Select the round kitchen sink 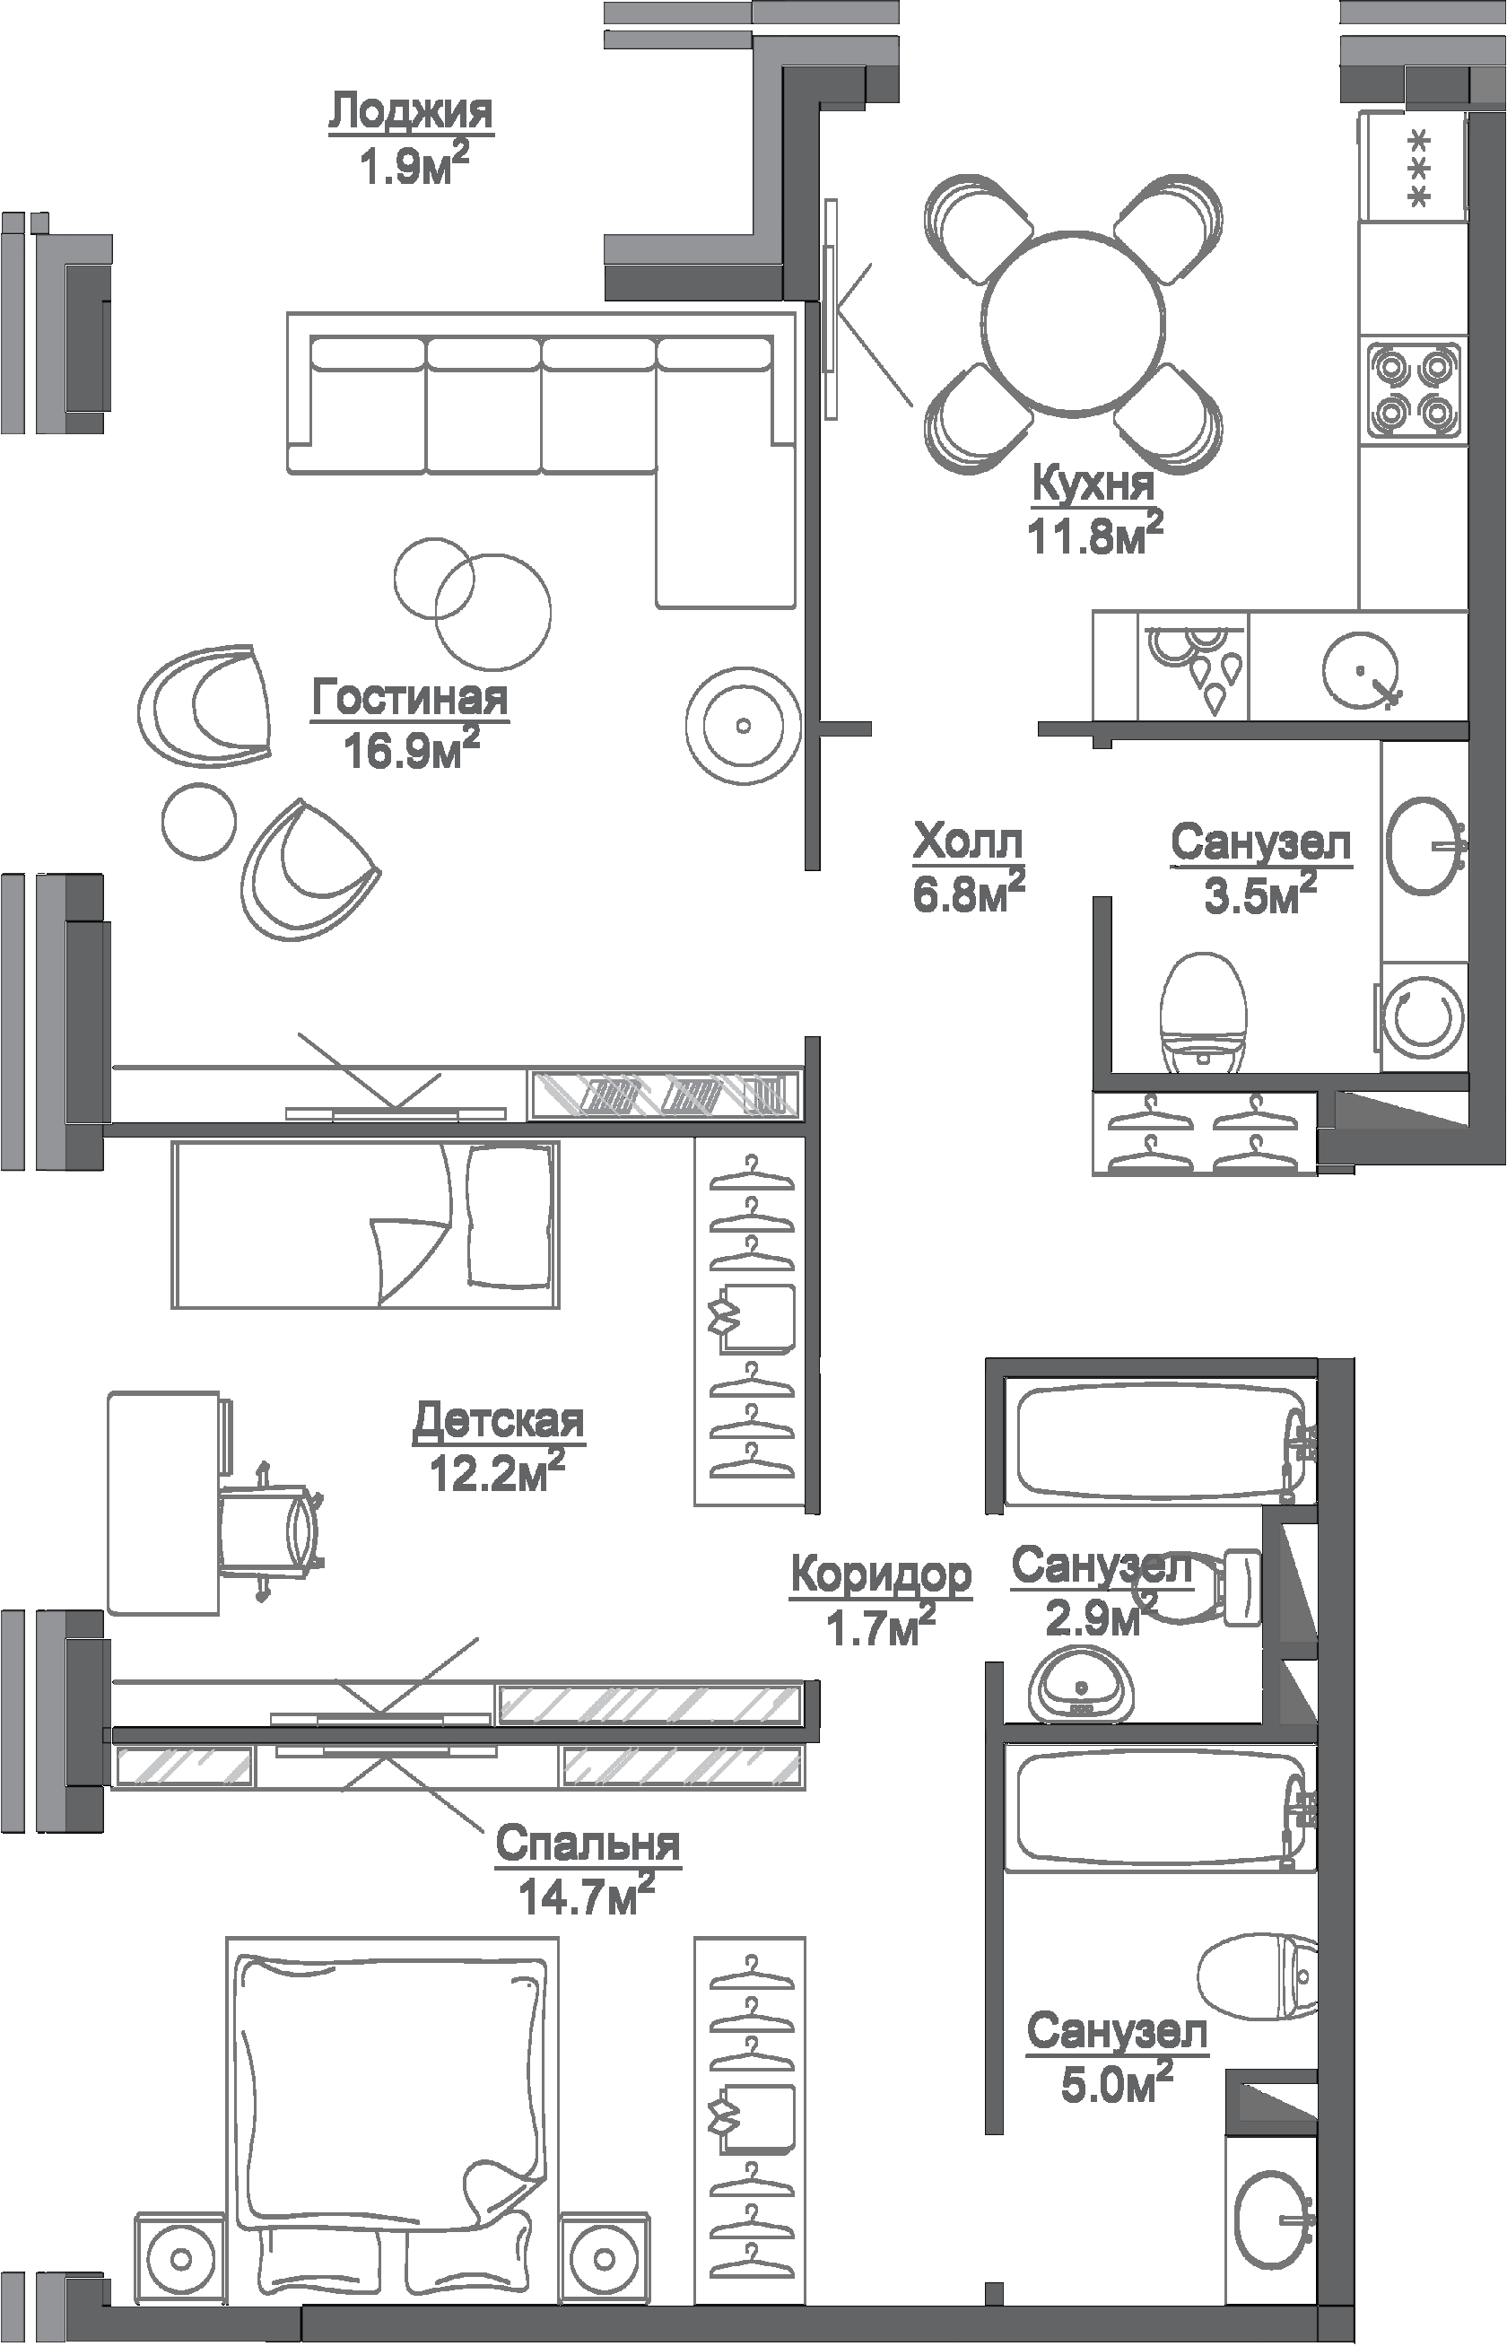click(x=1361, y=669)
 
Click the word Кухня click(x=1094, y=484)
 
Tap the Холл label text click(x=968, y=841)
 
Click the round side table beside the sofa click(x=743, y=725)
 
